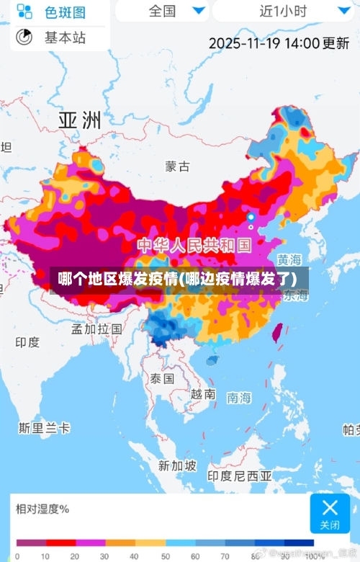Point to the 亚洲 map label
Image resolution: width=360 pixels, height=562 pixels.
tap(79, 120)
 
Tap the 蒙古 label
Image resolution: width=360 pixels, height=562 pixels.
tap(177, 166)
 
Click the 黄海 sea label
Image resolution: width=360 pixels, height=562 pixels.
tap(289, 259)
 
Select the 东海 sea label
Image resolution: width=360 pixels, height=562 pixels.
tap(295, 295)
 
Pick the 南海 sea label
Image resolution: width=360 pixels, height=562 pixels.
tap(240, 397)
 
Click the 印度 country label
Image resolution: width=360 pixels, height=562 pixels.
tap(27, 342)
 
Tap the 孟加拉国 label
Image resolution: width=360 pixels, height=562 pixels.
tap(96, 329)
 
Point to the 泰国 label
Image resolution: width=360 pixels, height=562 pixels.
tap(162, 378)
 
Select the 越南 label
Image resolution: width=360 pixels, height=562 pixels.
tap(203, 394)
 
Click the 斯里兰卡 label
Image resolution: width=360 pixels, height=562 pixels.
tap(45, 428)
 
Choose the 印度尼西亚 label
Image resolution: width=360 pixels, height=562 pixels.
tap(240, 476)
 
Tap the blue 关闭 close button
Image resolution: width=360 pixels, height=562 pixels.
tap(330, 513)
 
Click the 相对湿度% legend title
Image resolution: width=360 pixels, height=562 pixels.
tap(42, 509)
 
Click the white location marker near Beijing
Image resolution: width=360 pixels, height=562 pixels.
tap(251, 217)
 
